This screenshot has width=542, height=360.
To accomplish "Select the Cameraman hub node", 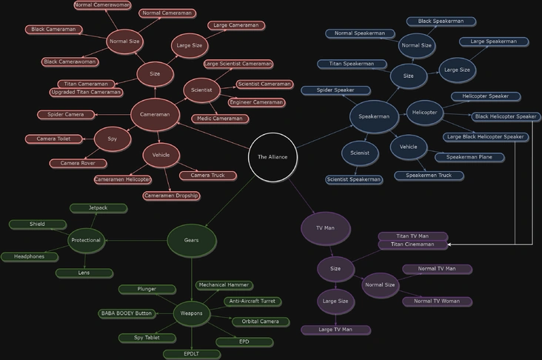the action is point(155,115).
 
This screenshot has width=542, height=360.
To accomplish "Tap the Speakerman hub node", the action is point(374,116).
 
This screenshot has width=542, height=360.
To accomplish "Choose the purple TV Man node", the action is point(326,228).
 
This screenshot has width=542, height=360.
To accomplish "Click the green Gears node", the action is point(192,240).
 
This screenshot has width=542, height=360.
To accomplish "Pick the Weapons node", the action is point(192,313).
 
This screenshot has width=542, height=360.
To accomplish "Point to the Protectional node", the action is point(86,240).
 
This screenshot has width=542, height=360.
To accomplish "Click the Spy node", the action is point(113,139).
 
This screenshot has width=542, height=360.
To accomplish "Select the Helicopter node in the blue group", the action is point(424,113).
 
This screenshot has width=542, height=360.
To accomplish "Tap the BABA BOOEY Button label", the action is point(127,313).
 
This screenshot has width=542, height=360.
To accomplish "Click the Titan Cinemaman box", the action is point(412,244).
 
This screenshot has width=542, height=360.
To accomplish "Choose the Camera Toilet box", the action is point(53,139).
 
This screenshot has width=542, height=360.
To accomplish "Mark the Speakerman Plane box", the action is point(469,157).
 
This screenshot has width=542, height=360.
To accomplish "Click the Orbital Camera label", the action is point(261,321).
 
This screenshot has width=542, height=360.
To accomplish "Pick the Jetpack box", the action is point(98,208).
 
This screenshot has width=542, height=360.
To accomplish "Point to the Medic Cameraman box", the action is point(220,119).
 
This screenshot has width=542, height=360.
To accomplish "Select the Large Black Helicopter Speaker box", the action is point(486,137).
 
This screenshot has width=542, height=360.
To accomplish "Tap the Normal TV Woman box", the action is point(437,301).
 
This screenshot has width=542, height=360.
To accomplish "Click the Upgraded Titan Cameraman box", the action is point(86,93).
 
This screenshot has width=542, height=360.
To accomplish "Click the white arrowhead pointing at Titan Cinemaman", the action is point(449,244).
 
